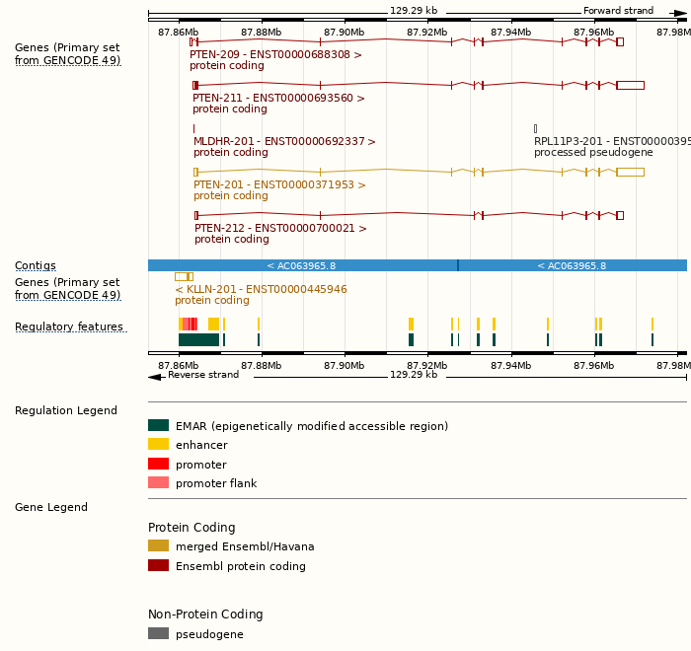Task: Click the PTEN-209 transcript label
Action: [275, 55]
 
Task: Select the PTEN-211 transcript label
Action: [278, 99]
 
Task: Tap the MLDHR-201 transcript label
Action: [284, 142]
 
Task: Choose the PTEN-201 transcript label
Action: [279, 185]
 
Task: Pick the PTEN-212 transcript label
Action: [280, 229]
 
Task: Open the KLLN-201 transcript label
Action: [261, 290]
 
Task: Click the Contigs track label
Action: [35, 266]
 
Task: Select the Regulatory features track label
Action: [69, 327]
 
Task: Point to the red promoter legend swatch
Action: [158, 464]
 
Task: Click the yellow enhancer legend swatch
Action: [158, 445]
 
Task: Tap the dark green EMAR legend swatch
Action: [158, 426]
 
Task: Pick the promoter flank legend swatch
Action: [158, 482]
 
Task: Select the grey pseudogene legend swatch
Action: [158, 633]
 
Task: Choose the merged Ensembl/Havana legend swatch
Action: [158, 545]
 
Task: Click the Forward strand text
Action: [618, 11]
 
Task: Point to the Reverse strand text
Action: [203, 375]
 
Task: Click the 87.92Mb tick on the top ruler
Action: [427, 33]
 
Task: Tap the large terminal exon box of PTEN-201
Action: [630, 172]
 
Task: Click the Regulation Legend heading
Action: [65, 411]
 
